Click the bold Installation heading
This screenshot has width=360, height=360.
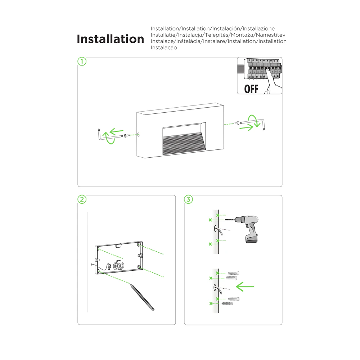point(111,39)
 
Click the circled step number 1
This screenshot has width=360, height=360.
point(82,61)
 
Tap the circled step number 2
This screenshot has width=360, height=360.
point(82,199)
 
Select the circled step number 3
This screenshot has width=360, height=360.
point(189,199)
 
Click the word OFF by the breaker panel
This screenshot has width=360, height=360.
point(251,89)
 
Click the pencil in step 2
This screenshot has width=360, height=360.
point(142,297)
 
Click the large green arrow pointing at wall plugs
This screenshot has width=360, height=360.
point(245,287)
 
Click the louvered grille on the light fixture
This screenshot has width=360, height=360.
point(184,143)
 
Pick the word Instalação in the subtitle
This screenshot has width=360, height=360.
point(164,48)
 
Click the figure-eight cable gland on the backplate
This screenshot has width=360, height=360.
point(119,266)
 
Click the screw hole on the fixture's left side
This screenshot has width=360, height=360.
point(139,135)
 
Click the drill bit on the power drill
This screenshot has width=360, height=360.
point(230,220)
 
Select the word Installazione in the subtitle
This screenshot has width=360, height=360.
point(258,28)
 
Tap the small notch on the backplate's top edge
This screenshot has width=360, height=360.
point(118,246)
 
